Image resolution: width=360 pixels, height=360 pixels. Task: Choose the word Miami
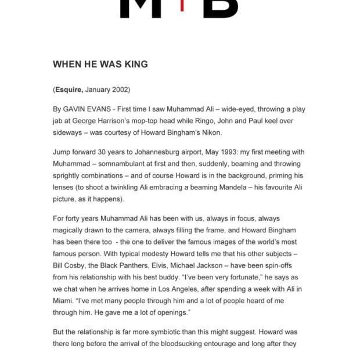(x=64, y=301)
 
